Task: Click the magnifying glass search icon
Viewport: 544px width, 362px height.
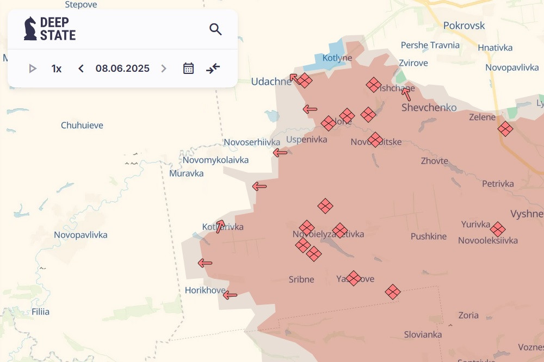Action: (215, 29)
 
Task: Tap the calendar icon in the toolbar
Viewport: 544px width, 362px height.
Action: (188, 68)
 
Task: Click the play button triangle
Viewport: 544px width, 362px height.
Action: (33, 68)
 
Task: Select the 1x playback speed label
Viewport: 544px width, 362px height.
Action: (57, 68)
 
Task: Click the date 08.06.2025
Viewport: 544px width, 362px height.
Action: (122, 68)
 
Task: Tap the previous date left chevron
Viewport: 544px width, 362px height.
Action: (81, 68)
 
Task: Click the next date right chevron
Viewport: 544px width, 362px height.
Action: (163, 68)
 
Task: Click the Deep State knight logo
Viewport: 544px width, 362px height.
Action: (30, 28)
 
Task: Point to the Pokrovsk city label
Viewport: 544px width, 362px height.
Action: (463, 26)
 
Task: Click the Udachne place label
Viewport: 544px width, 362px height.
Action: (271, 82)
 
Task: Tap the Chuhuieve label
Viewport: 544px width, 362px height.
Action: (82, 126)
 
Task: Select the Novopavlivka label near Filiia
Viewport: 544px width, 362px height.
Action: (81, 235)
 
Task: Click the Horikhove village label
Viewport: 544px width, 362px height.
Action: (205, 290)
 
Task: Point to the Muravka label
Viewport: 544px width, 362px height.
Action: (186, 173)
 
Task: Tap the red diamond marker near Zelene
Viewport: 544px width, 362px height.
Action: (505, 129)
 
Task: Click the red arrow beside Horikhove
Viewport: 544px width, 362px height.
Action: (230, 295)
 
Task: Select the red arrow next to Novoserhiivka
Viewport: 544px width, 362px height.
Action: (280, 153)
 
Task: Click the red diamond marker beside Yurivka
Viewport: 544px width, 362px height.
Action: (498, 229)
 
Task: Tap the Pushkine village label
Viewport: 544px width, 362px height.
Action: (429, 236)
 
